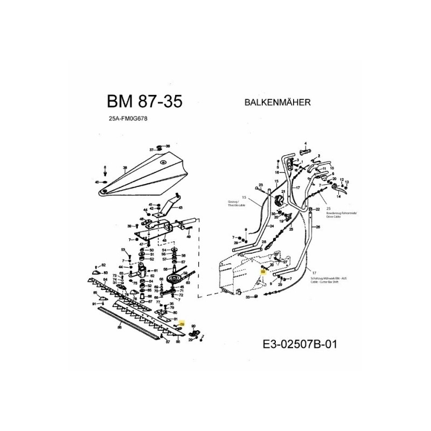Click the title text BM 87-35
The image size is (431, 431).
pyautogui.click(x=144, y=102)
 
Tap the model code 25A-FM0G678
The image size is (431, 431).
pyautogui.click(x=128, y=121)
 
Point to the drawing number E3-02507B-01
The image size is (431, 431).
pyautogui.click(x=301, y=344)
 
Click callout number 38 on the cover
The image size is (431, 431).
pyautogui.click(x=124, y=169)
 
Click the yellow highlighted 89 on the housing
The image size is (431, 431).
pyautogui.click(x=262, y=273)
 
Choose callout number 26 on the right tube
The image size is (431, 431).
pyautogui.click(x=318, y=227)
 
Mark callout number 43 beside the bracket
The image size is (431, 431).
pyautogui.click(x=180, y=207)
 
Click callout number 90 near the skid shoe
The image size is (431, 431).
pyautogui.click(x=193, y=326)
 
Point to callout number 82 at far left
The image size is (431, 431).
pyautogui.click(x=104, y=266)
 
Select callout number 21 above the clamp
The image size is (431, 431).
pyautogui.click(x=283, y=192)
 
